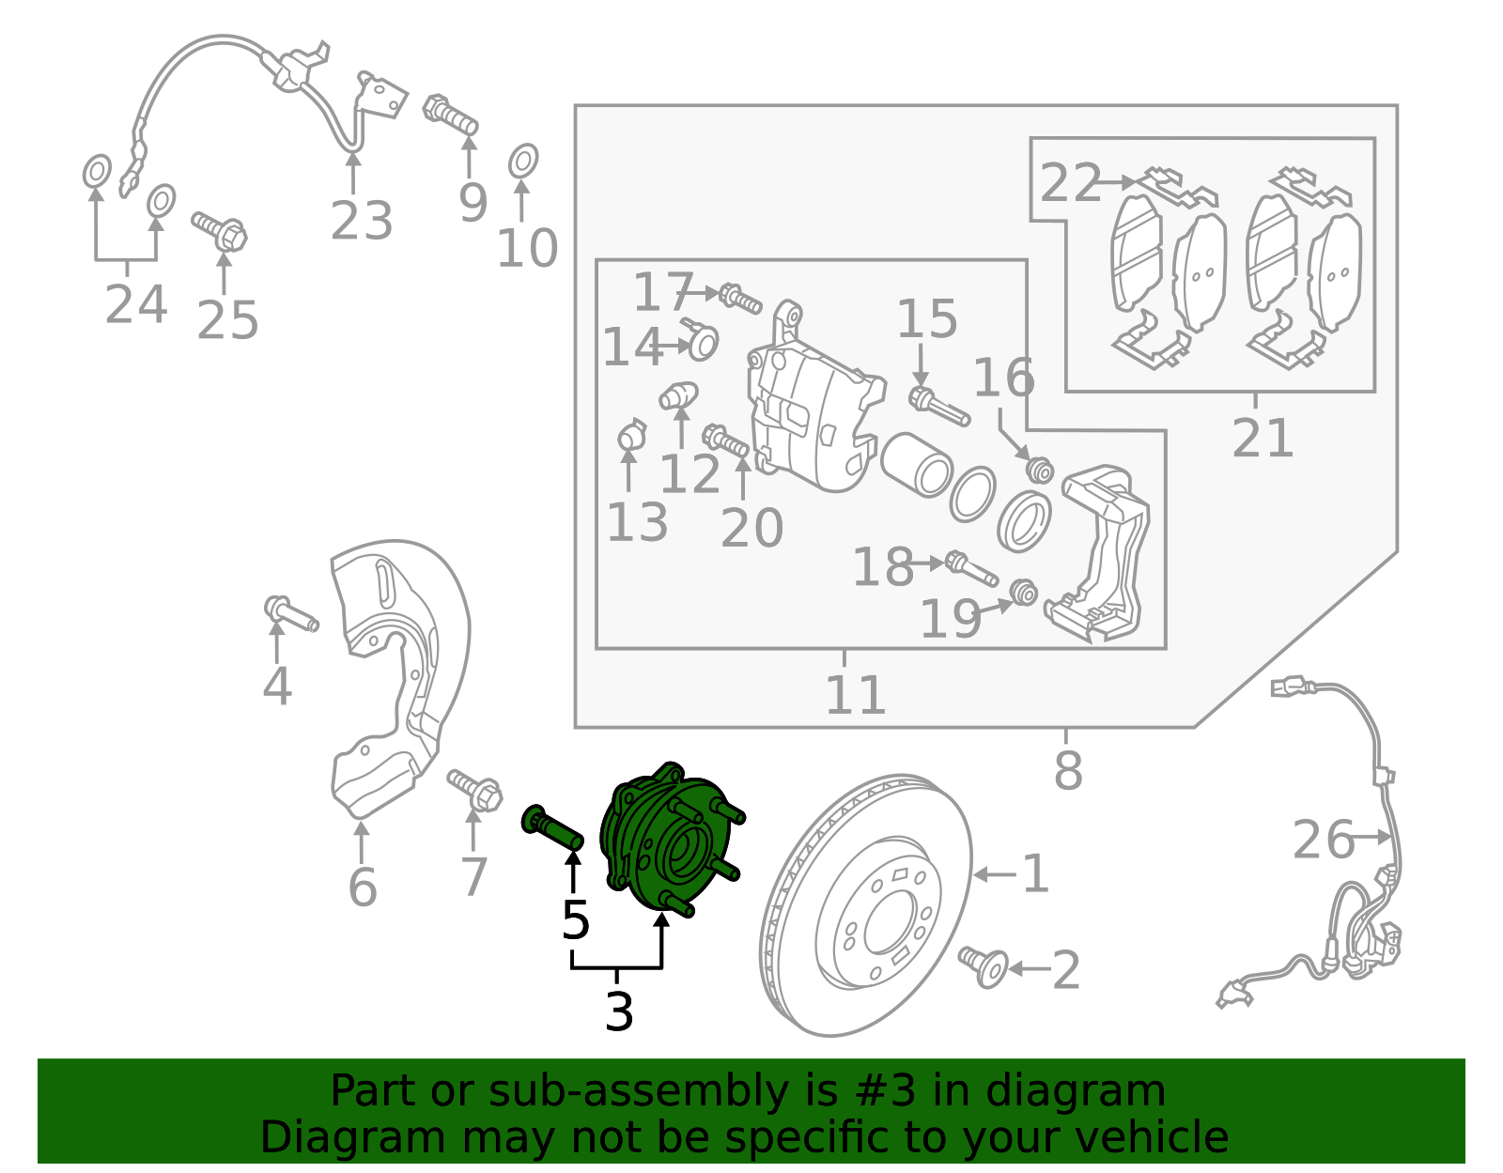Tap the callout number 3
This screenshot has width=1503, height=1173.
coord(619,1012)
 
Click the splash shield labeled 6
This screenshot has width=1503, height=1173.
coord(395,676)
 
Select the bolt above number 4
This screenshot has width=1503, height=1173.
coord(291,615)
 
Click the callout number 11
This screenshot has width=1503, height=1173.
coord(855,695)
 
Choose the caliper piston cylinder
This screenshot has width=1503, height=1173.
coord(918,464)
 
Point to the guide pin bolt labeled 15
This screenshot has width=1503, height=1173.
coord(938,406)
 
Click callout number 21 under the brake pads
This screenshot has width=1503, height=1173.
coord(1262,438)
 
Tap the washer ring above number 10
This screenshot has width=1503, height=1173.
coord(523,162)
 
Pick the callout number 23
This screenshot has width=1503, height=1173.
coord(361,222)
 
